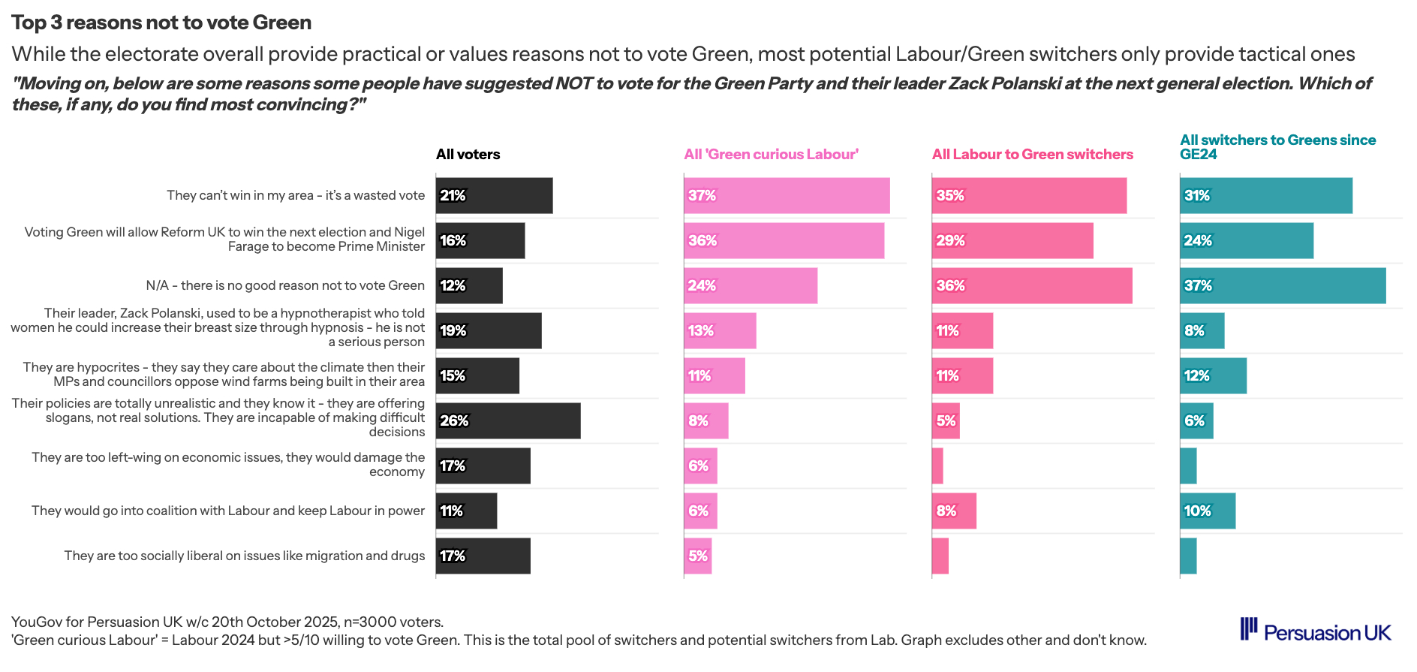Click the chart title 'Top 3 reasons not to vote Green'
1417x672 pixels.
click(x=161, y=23)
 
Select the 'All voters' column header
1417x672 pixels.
click(x=468, y=155)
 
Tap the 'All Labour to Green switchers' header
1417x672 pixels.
click(x=1032, y=155)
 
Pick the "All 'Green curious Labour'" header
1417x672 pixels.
click(x=771, y=155)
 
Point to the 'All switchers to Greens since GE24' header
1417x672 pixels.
click(x=1277, y=147)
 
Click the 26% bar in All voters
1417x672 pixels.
click(x=508, y=421)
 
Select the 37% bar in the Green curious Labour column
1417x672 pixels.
click(x=787, y=196)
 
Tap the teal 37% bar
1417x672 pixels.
click(x=1283, y=286)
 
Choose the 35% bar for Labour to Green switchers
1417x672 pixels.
click(x=1029, y=196)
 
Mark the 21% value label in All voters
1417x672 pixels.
click(x=453, y=196)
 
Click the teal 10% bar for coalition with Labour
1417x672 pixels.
click(x=1208, y=511)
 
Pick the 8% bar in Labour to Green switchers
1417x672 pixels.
click(x=954, y=511)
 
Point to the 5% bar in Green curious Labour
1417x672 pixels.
click(x=697, y=556)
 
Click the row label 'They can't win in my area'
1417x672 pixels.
click(x=295, y=196)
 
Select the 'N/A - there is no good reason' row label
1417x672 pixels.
click(x=284, y=286)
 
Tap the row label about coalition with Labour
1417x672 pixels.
click(x=227, y=511)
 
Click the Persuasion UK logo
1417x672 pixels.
click(x=1315, y=631)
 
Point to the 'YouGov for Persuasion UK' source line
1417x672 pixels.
click(x=227, y=622)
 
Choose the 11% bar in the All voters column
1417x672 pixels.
click(x=466, y=511)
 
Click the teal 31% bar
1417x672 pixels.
click(x=1266, y=196)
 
